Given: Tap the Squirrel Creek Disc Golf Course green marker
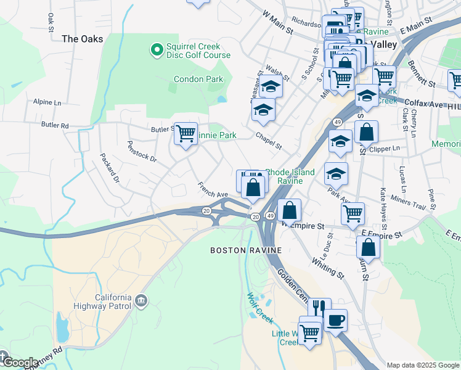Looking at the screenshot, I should pos(157,47).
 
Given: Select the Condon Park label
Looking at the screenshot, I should pos(198,79).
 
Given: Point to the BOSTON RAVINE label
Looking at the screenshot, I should pos(246,250).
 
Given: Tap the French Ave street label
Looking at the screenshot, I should pos(213,189).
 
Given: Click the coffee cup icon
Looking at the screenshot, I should pos(336,320).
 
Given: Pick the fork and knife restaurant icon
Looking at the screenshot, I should pos(319,306).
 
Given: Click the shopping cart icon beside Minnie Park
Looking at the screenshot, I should pos(186,133).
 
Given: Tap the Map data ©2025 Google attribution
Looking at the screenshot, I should pos(423,365).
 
